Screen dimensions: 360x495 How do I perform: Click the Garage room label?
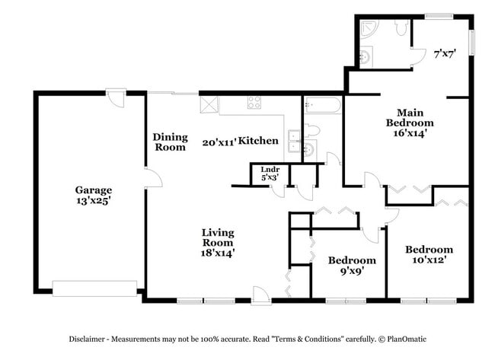point(93,190)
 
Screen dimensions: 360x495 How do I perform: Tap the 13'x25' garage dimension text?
point(93,201)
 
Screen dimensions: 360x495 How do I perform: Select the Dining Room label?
point(170,142)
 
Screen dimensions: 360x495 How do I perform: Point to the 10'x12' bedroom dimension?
point(429,260)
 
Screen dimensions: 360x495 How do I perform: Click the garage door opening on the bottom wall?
point(94,287)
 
